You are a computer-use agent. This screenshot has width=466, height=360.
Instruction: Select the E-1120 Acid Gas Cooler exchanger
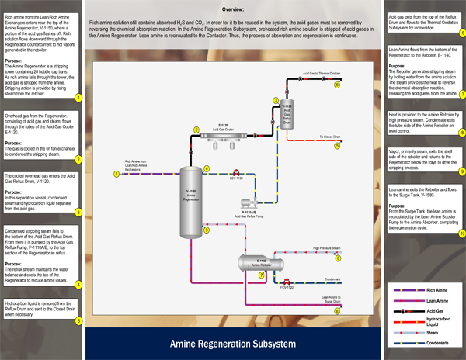tap(223, 137)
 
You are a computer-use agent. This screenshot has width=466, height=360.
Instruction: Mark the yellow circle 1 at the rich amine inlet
tap(116, 173)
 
